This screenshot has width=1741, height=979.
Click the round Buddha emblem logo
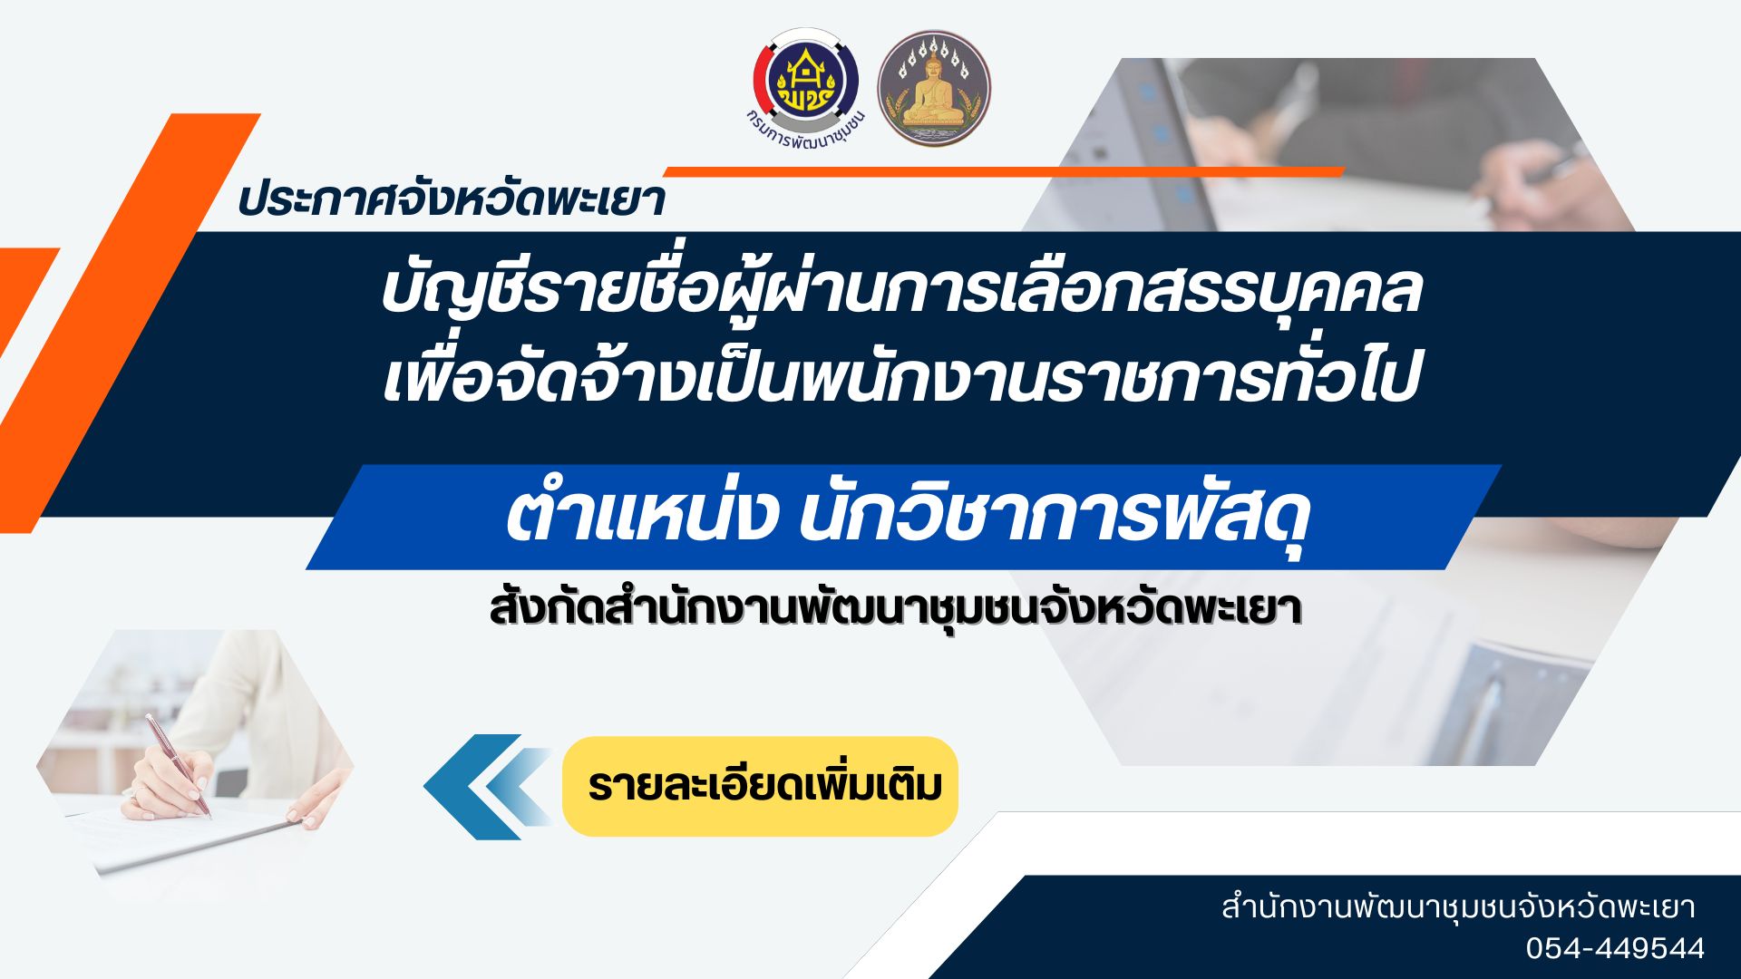(933, 90)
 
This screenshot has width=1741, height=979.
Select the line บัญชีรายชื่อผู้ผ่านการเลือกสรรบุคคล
(900, 290)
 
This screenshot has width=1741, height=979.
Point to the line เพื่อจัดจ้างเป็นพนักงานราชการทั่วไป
(900, 379)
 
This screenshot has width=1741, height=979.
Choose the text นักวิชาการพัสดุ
(1055, 517)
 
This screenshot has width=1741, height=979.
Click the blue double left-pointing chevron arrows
(487, 786)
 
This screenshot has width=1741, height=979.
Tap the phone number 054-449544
(1614, 948)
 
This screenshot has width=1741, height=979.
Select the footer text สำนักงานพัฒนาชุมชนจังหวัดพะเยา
(1458, 906)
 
